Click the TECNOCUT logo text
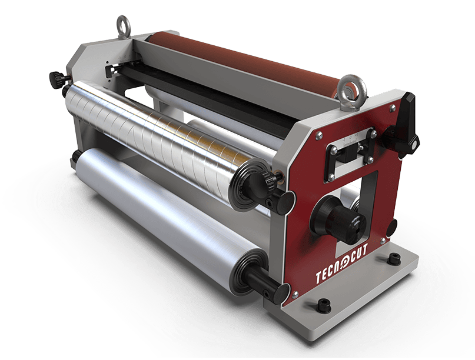coord(342,263)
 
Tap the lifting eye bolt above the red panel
coord(352,92)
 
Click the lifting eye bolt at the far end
coord(123,27)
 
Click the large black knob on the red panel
coord(338,219)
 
